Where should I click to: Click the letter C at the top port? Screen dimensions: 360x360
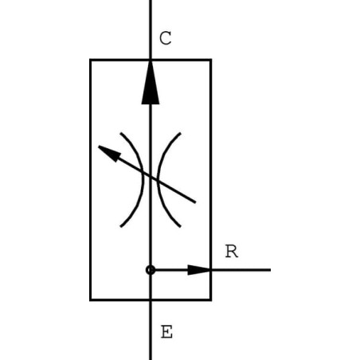tap(166, 38)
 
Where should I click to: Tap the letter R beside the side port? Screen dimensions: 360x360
tap(232, 251)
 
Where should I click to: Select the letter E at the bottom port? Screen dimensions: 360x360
tap(166, 331)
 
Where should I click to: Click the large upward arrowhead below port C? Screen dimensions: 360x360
tap(151, 82)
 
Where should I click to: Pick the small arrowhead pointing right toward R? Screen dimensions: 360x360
tap(199, 270)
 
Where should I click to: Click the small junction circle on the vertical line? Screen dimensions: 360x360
tap(151, 270)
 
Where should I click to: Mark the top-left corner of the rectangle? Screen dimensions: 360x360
tap(91, 60)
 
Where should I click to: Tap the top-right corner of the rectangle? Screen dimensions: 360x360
tap(211, 60)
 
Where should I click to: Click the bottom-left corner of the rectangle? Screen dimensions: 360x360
tap(91, 300)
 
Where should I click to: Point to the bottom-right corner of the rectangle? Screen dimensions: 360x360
tap(211, 300)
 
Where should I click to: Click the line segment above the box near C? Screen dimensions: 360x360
tap(151, 29)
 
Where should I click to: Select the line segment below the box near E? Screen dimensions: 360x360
tap(151, 331)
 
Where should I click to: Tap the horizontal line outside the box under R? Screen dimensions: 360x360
tap(241, 270)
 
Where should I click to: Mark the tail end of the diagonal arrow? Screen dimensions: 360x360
tap(195, 202)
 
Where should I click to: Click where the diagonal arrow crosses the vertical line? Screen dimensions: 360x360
tap(151, 177)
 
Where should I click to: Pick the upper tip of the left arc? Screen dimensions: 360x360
tap(121, 133)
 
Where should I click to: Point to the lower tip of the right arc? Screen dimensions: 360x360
tap(181, 227)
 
